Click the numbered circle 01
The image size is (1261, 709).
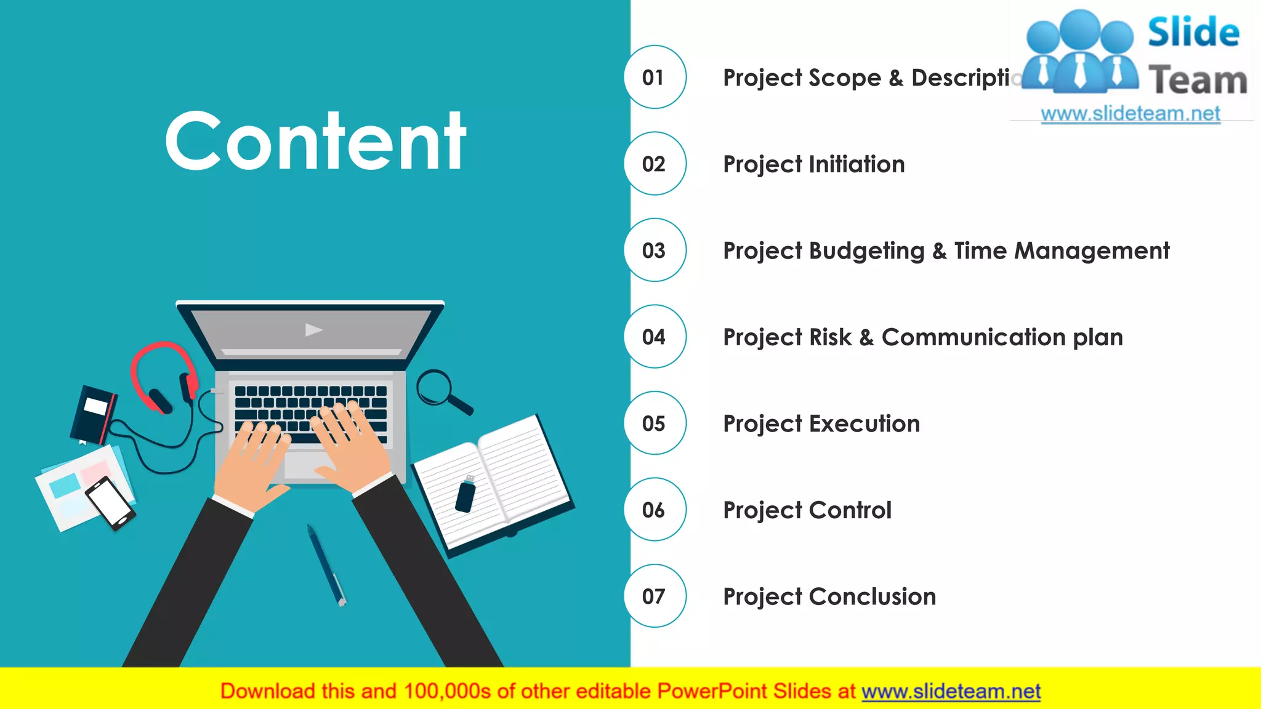(655, 77)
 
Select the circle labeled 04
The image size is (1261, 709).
(655, 337)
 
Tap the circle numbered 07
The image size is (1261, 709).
(655, 596)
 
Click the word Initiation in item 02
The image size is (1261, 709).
(856, 164)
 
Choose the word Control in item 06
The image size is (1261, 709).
(850, 510)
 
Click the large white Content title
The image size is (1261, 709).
(315, 142)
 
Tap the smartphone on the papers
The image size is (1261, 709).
(110, 502)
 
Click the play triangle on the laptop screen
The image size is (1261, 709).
(313, 330)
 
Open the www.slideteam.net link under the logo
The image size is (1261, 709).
(1130, 114)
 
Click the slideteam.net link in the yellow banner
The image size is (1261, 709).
(951, 692)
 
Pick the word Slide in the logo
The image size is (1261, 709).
(1193, 32)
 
